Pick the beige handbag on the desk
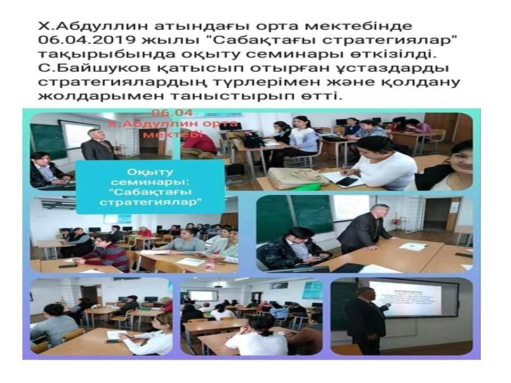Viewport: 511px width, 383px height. (x=296, y=178)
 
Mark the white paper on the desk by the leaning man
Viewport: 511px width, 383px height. (x=413, y=246)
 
